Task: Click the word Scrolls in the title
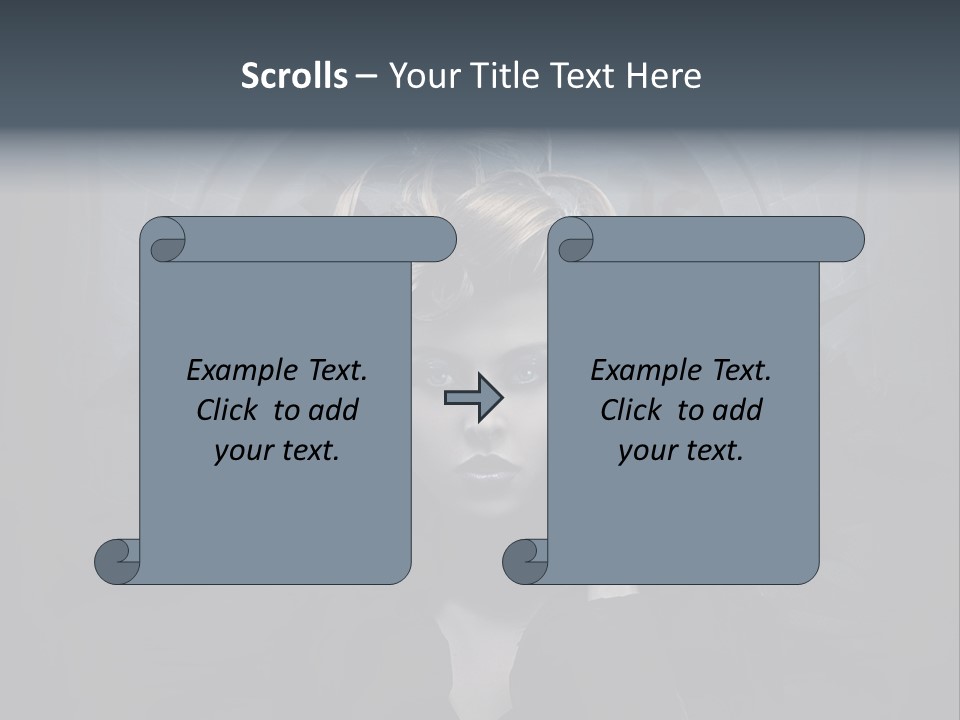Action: pos(294,76)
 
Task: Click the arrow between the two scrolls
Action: pos(473,397)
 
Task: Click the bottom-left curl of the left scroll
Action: pos(118,561)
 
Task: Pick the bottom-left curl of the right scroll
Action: pos(526,561)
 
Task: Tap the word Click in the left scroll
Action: pos(231,410)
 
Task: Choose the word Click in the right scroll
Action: pos(635,410)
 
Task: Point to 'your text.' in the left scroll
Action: pos(276,451)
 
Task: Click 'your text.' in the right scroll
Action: pos(680,451)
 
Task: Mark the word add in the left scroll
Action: pos(335,410)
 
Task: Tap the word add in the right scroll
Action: pos(739,410)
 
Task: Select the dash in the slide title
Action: pos(365,76)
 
